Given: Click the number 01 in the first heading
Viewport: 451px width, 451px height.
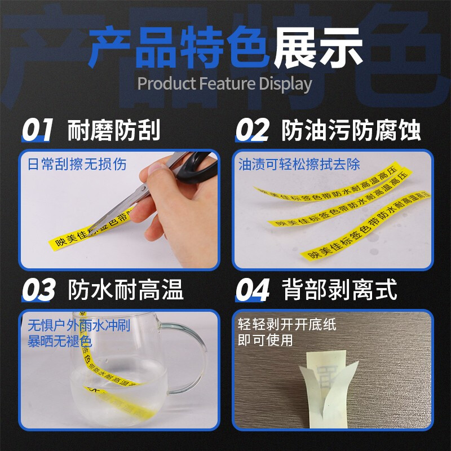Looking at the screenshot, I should [37, 130].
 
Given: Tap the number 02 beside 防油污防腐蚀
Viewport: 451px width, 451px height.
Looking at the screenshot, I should [252, 130].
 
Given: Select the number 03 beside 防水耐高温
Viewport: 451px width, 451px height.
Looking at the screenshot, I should [38, 290].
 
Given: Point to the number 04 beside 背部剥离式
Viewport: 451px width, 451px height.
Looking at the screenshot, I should [252, 290].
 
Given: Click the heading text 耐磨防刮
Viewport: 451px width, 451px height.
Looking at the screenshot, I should [114, 131].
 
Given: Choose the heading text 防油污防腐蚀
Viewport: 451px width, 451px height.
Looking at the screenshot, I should [351, 131].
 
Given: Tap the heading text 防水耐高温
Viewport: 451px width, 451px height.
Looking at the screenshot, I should [126, 290].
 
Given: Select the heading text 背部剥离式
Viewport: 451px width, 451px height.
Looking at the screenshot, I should [339, 290].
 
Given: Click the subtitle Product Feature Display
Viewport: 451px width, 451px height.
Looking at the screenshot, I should [224, 84].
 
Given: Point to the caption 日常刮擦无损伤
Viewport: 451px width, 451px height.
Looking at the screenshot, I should [77, 165].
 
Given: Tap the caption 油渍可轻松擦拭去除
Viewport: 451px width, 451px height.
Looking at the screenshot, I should [299, 165].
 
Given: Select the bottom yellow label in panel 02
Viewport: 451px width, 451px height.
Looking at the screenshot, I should [361, 240].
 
